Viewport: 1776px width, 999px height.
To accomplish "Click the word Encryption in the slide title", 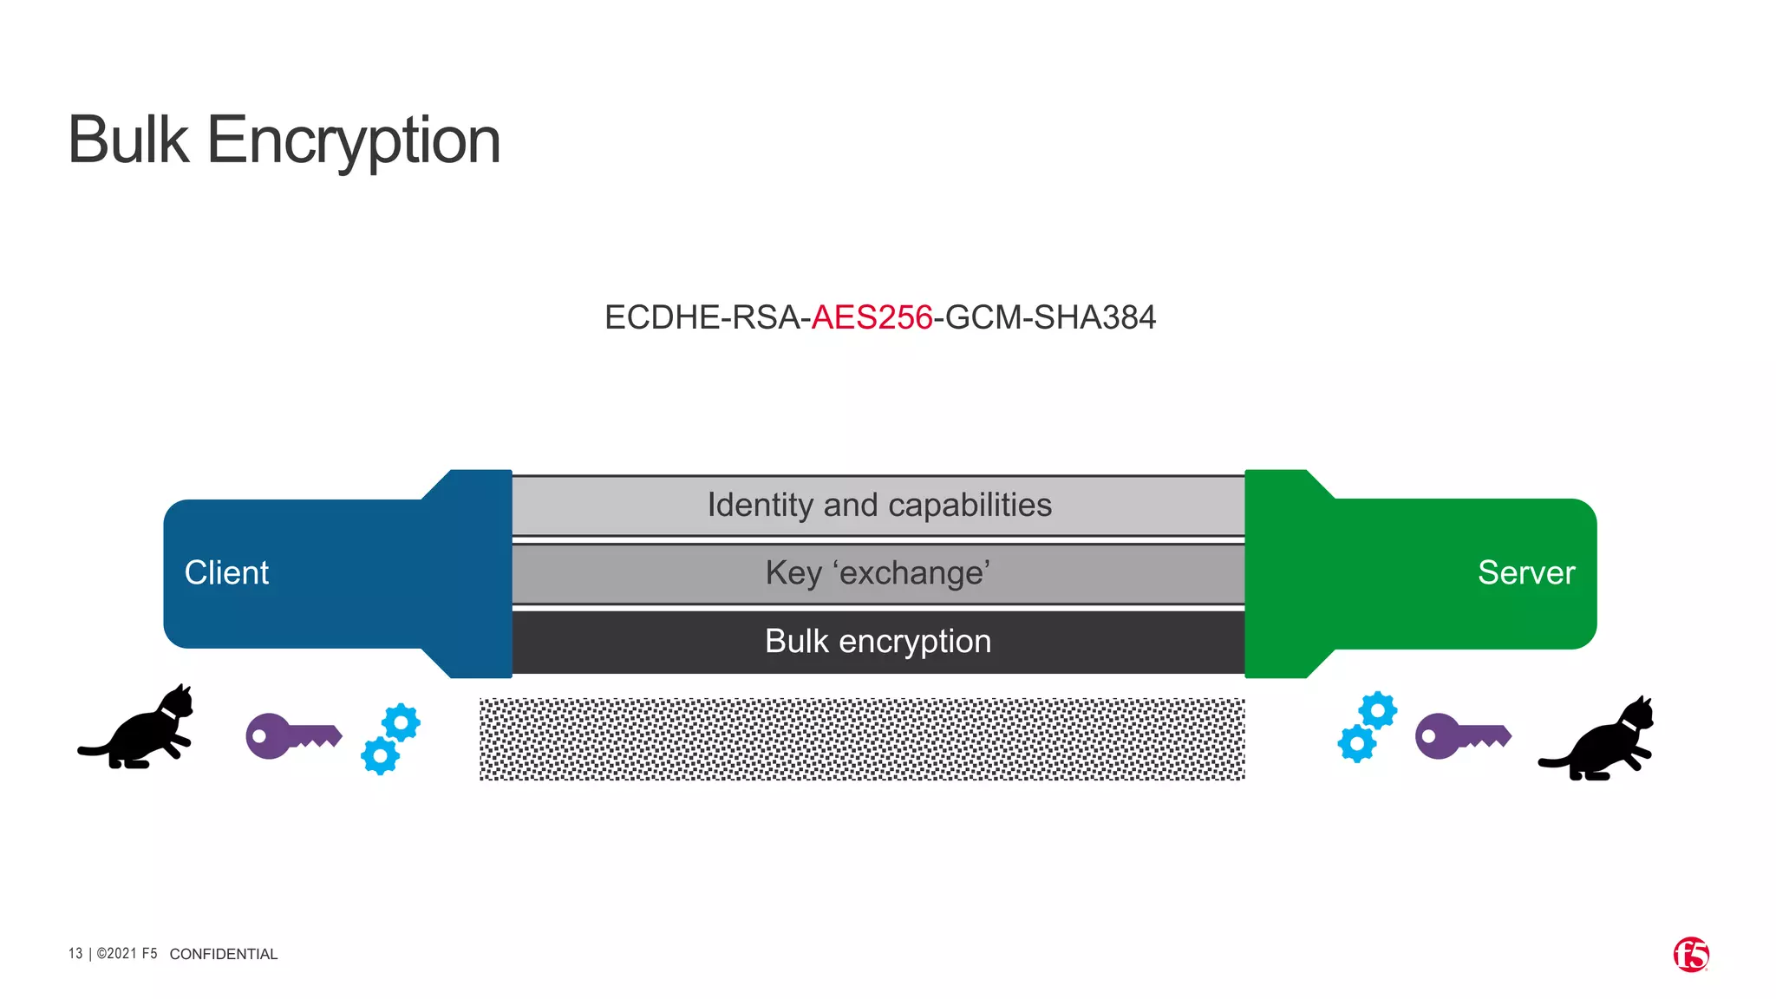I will pyautogui.click(x=353, y=141).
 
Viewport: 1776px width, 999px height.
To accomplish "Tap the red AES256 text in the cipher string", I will pyautogui.click(x=872, y=317).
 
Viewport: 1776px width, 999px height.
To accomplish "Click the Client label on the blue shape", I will pyautogui.click(x=226, y=573).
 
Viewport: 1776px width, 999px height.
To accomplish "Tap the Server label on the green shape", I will pyautogui.click(x=1525, y=573).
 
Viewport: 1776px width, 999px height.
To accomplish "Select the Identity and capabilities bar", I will pyautogui.click(x=878, y=506).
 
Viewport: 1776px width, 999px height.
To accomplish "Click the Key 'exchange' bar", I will pyautogui.click(x=878, y=573).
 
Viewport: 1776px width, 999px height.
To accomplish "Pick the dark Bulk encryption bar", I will pyautogui.click(x=878, y=642).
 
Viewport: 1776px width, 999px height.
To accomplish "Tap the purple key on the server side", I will pyautogui.click(x=1462, y=736).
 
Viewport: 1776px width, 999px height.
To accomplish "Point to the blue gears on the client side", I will pyautogui.click(x=390, y=738).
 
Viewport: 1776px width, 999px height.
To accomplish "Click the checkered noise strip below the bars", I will pyautogui.click(x=862, y=739).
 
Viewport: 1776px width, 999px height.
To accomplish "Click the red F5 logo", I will pyautogui.click(x=1690, y=955).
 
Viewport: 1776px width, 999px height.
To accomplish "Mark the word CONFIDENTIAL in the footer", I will pyautogui.click(x=224, y=954).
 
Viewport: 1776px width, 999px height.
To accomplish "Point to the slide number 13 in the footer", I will pyautogui.click(x=75, y=954).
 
